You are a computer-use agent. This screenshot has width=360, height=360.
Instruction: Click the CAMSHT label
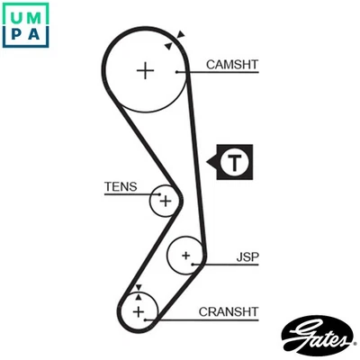point(232,64)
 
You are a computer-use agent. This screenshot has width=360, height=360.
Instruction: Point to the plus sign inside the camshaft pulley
point(146,70)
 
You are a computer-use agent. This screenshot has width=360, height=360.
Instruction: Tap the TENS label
point(121,187)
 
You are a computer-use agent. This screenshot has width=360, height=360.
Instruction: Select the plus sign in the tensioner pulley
point(165,201)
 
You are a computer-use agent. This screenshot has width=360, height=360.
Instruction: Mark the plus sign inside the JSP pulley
point(185,256)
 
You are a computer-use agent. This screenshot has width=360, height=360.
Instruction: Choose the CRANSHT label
point(229,311)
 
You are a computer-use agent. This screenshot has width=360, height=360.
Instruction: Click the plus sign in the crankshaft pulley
point(139,311)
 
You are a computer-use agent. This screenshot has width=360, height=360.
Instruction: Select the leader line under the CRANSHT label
point(216,319)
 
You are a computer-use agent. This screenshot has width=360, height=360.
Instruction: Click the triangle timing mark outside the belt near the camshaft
point(181,35)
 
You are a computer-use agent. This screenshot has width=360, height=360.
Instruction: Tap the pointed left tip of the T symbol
point(209,163)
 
